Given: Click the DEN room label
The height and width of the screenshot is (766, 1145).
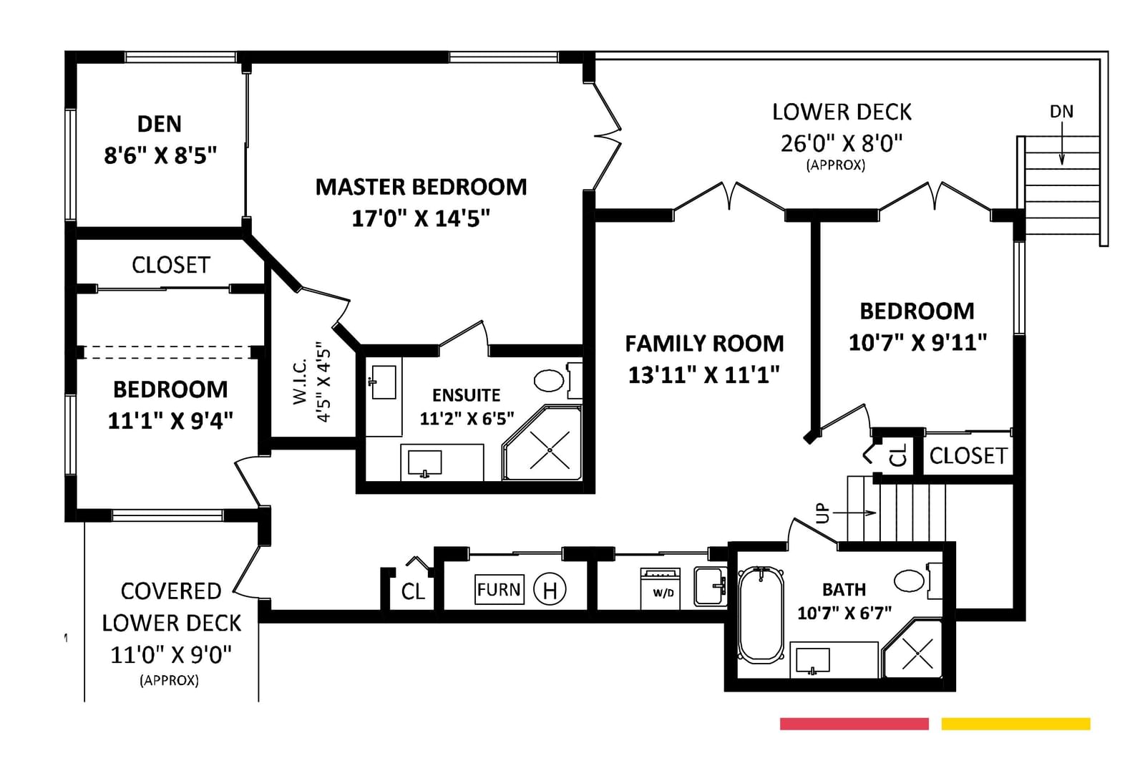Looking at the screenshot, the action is pos(159,124).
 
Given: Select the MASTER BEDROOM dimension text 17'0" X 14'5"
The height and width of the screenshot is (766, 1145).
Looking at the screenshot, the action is pos(421,218).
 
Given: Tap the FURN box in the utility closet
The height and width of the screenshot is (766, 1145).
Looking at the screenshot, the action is pos(499,590).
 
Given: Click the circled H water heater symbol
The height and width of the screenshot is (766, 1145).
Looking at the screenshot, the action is pos(550,590).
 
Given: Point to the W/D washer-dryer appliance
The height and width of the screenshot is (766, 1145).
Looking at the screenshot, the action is pos(661,588).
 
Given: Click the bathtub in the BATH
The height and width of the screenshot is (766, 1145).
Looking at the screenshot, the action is pos(761,615).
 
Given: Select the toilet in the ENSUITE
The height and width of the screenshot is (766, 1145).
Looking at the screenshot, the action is pos(558,381).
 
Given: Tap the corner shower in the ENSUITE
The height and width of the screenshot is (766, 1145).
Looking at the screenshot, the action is pos(543,443).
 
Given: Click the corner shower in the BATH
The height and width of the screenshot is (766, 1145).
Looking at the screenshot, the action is pos(913,649).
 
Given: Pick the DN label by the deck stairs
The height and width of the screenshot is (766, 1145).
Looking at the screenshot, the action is pos(1061,112).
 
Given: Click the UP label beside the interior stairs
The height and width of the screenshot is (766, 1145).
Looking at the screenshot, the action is pos(822,513).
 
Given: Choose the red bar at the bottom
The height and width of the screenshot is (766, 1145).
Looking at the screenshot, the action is pos(854,724).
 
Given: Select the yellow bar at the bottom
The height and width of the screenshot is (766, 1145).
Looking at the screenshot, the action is pos(1015,724).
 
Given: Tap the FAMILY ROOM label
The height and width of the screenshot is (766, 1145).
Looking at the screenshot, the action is pos(704,343).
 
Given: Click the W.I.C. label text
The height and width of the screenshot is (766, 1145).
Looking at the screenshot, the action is pos(300,381).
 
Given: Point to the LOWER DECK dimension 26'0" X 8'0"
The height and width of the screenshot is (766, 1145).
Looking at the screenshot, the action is pos(842,144).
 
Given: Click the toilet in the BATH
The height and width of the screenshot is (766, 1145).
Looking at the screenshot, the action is pos(918,581).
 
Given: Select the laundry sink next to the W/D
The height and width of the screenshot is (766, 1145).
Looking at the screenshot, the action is pos(710,586).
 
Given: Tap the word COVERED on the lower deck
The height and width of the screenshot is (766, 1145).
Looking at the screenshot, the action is pos(171,591).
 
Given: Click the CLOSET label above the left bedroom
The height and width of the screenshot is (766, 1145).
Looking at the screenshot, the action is pos(171,265).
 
